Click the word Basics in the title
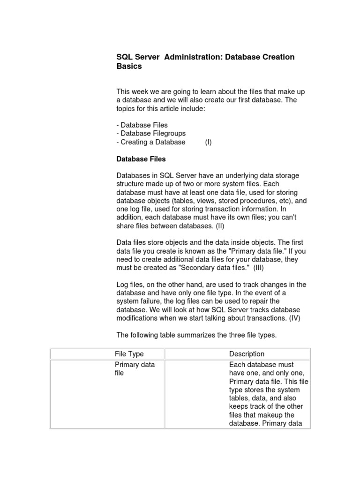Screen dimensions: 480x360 129,66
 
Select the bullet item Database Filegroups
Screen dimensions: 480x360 151,134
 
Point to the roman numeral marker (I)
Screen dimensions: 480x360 208,142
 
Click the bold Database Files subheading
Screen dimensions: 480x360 141,159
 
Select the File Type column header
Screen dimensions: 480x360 129,354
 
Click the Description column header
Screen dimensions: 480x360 247,354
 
